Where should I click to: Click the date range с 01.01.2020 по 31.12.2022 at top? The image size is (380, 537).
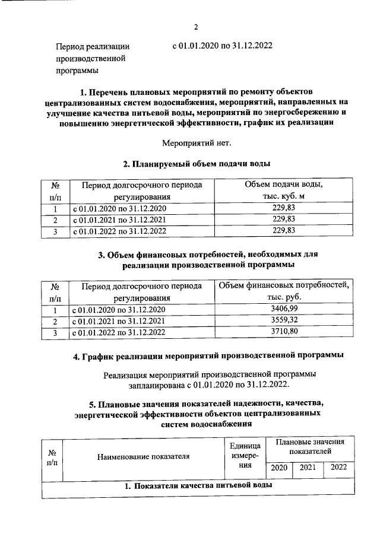[x=222, y=45]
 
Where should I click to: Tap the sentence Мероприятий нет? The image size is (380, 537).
[x=197, y=142]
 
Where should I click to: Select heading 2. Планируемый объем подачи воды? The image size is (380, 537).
[x=197, y=164]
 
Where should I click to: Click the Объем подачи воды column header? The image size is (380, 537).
[x=283, y=190]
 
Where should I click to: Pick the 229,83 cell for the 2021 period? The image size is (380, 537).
[x=283, y=220]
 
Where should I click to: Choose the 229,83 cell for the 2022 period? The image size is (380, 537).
[x=283, y=231]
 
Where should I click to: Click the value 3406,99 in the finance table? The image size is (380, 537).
[x=283, y=310]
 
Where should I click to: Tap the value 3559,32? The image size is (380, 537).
[x=283, y=321]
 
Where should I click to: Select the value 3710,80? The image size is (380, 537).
[x=283, y=332]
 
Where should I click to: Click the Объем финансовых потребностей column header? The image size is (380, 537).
[x=283, y=291]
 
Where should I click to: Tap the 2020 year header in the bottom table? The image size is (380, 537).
[x=278, y=468]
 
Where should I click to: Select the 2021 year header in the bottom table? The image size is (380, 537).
[x=308, y=468]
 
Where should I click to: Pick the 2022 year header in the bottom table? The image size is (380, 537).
[x=338, y=468]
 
